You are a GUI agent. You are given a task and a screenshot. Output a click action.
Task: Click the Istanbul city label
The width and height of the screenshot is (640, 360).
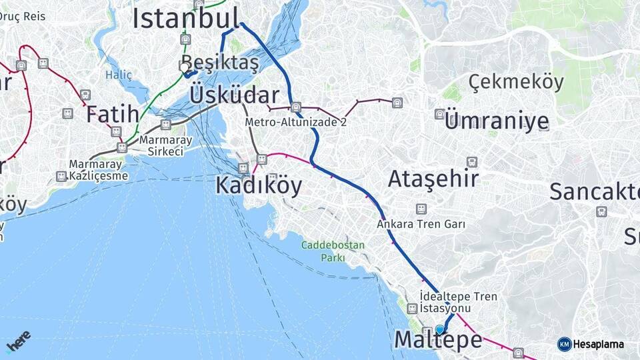pos(185,18)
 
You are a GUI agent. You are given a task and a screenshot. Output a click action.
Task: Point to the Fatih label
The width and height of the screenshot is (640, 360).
pos(112,114)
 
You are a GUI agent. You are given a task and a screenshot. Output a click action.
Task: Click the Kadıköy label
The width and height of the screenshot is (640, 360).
pos(259,185)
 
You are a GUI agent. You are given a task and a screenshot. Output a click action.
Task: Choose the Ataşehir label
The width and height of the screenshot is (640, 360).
pos(433,179)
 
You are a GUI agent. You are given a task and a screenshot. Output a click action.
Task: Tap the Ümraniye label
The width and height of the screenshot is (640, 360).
pos(497,121)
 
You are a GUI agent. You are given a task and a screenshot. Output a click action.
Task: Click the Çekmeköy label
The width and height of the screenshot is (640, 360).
pos(515,82)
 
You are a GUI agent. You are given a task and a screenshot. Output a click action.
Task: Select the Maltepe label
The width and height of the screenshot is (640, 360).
pos(437,340)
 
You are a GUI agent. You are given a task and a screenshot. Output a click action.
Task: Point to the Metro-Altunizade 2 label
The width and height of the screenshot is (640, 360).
pos(296,123)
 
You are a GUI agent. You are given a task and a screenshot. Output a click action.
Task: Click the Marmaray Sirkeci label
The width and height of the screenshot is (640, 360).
pos(165,146)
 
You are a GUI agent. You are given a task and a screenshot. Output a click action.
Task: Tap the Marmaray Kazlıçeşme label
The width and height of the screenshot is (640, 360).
pos(97,170)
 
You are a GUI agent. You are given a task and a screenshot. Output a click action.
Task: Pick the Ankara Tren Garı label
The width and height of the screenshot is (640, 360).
pos(421,224)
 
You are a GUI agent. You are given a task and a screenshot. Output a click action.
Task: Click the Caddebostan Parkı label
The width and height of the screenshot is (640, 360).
pos(333,251)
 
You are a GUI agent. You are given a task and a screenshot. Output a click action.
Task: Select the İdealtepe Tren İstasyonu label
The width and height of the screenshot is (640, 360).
pos(459,302)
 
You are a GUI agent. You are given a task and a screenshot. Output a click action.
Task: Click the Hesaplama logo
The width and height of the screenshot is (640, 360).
pos(591,344)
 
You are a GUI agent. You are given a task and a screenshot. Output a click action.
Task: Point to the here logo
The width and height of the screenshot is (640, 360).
pos(19,341)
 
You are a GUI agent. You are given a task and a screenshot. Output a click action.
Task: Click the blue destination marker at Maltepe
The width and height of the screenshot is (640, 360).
pos(439,329)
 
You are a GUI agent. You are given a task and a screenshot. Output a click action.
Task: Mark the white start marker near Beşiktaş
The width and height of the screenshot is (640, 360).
pos(185,67)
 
